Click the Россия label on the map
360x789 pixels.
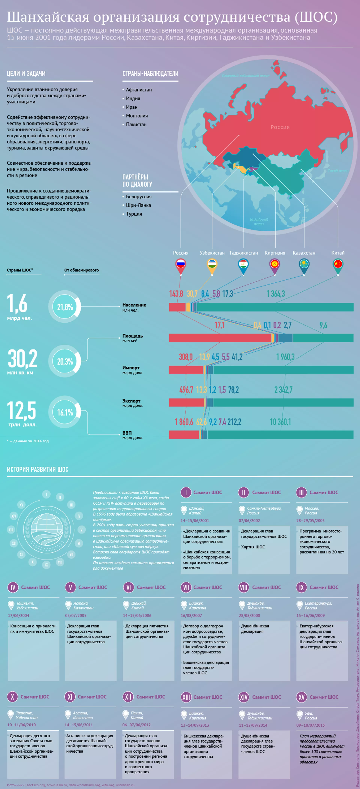[280, 127]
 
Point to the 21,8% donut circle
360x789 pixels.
[65, 307]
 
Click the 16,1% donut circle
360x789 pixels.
[65, 412]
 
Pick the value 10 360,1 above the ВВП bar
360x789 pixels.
[280, 422]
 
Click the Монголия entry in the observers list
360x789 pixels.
[137, 116]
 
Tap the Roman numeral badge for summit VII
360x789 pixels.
[186, 587]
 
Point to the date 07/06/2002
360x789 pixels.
[249, 520]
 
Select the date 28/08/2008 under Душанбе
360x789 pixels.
[249, 615]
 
